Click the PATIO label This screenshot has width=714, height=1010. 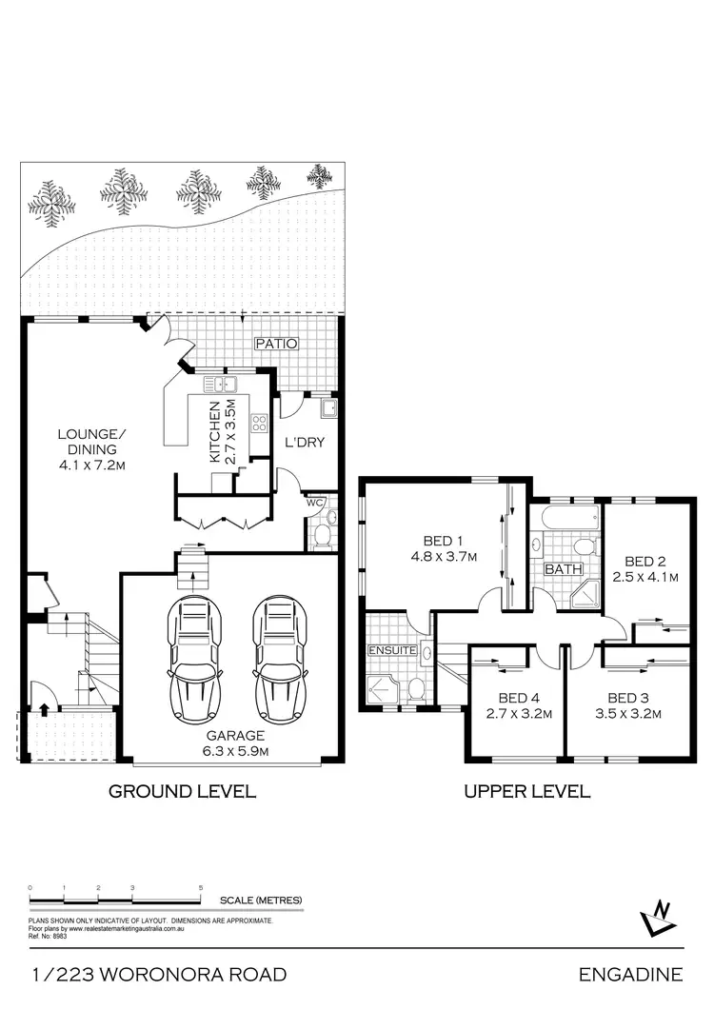click(x=276, y=344)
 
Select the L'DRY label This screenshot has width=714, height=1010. click(x=306, y=442)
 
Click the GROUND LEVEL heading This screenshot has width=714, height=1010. click(x=181, y=790)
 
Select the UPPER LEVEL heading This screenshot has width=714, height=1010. click(x=526, y=790)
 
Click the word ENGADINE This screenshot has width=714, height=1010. click(x=630, y=974)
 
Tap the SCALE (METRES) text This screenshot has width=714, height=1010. click(x=260, y=900)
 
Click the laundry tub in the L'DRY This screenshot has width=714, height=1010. click(x=328, y=410)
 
